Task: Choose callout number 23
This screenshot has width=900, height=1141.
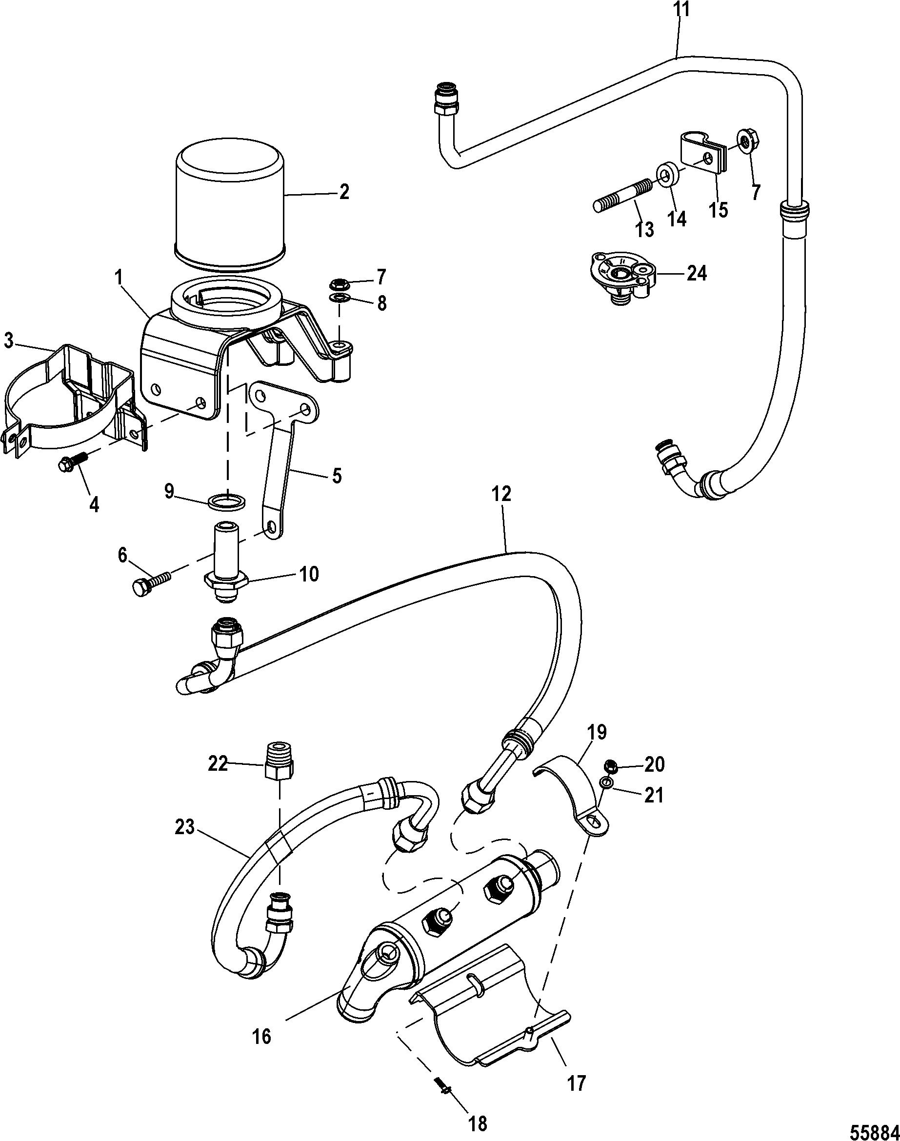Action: coord(185,828)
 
